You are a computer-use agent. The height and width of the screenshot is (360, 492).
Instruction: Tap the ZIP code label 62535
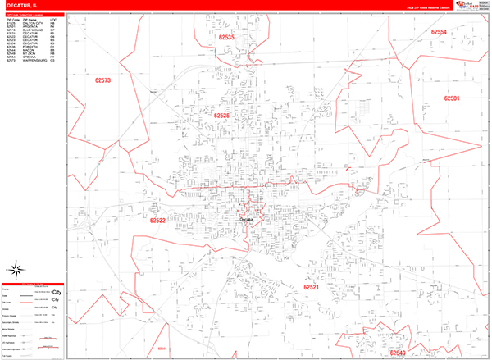226,38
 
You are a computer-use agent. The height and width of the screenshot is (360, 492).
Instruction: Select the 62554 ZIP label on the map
440,32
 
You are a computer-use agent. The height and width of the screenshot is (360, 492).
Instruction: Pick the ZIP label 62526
222,116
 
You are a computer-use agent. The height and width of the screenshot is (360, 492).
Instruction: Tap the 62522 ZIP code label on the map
157,220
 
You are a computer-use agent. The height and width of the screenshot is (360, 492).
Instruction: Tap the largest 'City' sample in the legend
57,292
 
